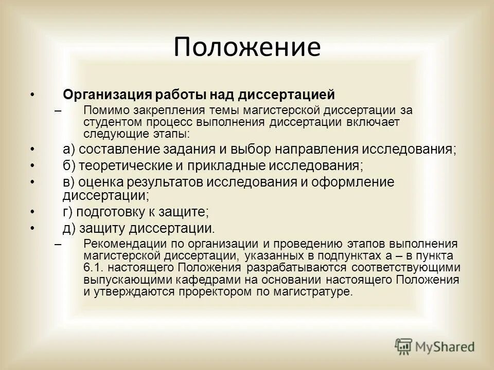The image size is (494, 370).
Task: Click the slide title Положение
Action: pyautogui.click(x=246, y=47)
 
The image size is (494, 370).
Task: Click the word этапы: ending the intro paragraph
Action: pyautogui.click(x=171, y=135)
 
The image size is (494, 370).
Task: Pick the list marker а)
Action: pyautogui.click(x=69, y=150)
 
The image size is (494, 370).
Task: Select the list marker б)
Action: pyautogui.click(x=69, y=166)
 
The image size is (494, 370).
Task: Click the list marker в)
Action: pyautogui.click(x=69, y=182)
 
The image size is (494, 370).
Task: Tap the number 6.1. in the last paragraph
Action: pyautogui.click(x=93, y=268)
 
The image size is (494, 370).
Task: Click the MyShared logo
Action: pyautogui.click(x=435, y=346)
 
